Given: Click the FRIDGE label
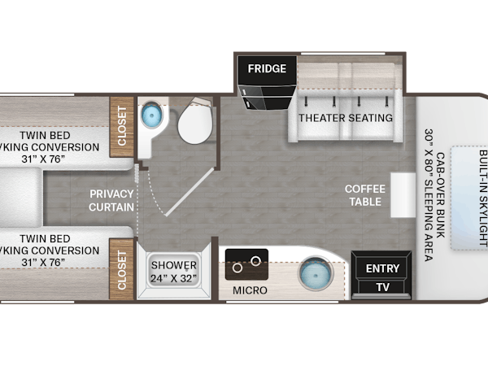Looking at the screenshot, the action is tap(267, 68).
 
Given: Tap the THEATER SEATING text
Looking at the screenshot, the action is tap(346, 118).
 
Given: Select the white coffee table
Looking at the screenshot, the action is tap(403, 195).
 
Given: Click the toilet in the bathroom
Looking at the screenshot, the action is tap(196, 120).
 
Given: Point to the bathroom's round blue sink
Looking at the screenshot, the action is tap(152, 115).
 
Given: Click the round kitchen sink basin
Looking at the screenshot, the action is tap(316, 274).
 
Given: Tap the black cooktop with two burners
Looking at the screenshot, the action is tap(246, 264).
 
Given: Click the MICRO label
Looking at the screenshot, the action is tap(250, 290).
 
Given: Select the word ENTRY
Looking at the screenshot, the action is tap(382, 268).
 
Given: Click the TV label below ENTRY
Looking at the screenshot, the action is tap(382, 287).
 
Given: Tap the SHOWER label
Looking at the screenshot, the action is tap(174, 265).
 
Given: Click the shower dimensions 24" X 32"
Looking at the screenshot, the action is tap(174, 278).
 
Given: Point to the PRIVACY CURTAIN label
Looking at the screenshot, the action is tap(111, 200).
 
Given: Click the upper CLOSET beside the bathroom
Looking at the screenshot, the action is tap(122, 127).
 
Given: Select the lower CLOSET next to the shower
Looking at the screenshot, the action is tap(122, 269).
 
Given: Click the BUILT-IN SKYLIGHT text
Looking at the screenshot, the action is tap(482, 198).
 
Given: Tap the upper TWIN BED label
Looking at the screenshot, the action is tap(45, 135).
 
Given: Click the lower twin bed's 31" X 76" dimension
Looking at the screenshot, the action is tap(43, 263).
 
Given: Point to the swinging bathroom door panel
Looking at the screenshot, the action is tap(190, 192).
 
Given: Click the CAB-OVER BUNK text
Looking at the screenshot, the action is tap(440, 195).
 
